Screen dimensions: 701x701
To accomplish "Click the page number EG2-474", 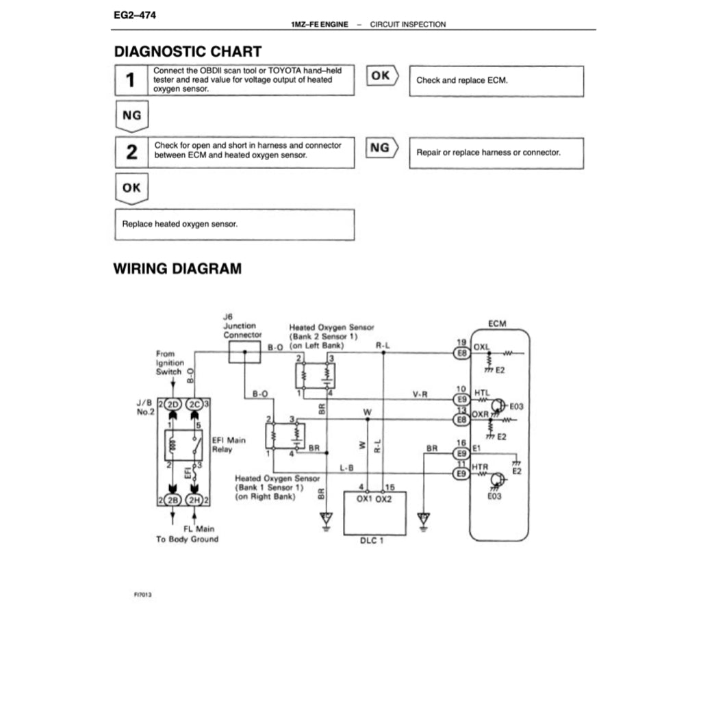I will pyautogui.click(x=134, y=14).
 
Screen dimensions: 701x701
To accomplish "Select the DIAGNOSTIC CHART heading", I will pyautogui.click(x=187, y=51).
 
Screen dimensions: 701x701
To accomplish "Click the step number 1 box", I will pyautogui.click(x=130, y=81).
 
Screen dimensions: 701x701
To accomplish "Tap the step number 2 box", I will pyautogui.click(x=131, y=152).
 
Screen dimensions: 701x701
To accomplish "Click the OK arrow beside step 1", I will pyautogui.click(x=382, y=76).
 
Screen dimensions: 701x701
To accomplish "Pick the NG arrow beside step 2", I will pyautogui.click(x=382, y=148).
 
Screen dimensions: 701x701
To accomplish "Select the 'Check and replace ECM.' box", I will pyautogui.click(x=496, y=81).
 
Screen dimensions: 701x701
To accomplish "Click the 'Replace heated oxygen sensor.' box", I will pyautogui.click(x=234, y=225).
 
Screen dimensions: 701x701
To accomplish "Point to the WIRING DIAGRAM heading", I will pyautogui.click(x=177, y=268).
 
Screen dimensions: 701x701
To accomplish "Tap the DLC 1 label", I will pyautogui.click(x=374, y=541).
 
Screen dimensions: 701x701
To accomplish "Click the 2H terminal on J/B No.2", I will pyautogui.click(x=195, y=499).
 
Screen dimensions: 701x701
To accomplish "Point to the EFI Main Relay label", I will pyautogui.click(x=228, y=445).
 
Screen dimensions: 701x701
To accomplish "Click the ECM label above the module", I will pyautogui.click(x=498, y=323).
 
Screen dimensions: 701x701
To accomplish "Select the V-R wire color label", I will pyautogui.click(x=420, y=394).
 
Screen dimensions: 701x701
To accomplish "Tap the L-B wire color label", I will pyautogui.click(x=346, y=468).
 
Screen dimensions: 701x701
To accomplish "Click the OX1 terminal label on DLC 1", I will pyautogui.click(x=364, y=499).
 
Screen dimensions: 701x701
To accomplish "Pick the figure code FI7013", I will pyautogui.click(x=142, y=595).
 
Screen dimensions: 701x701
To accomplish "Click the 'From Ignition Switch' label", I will pyautogui.click(x=169, y=362).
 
